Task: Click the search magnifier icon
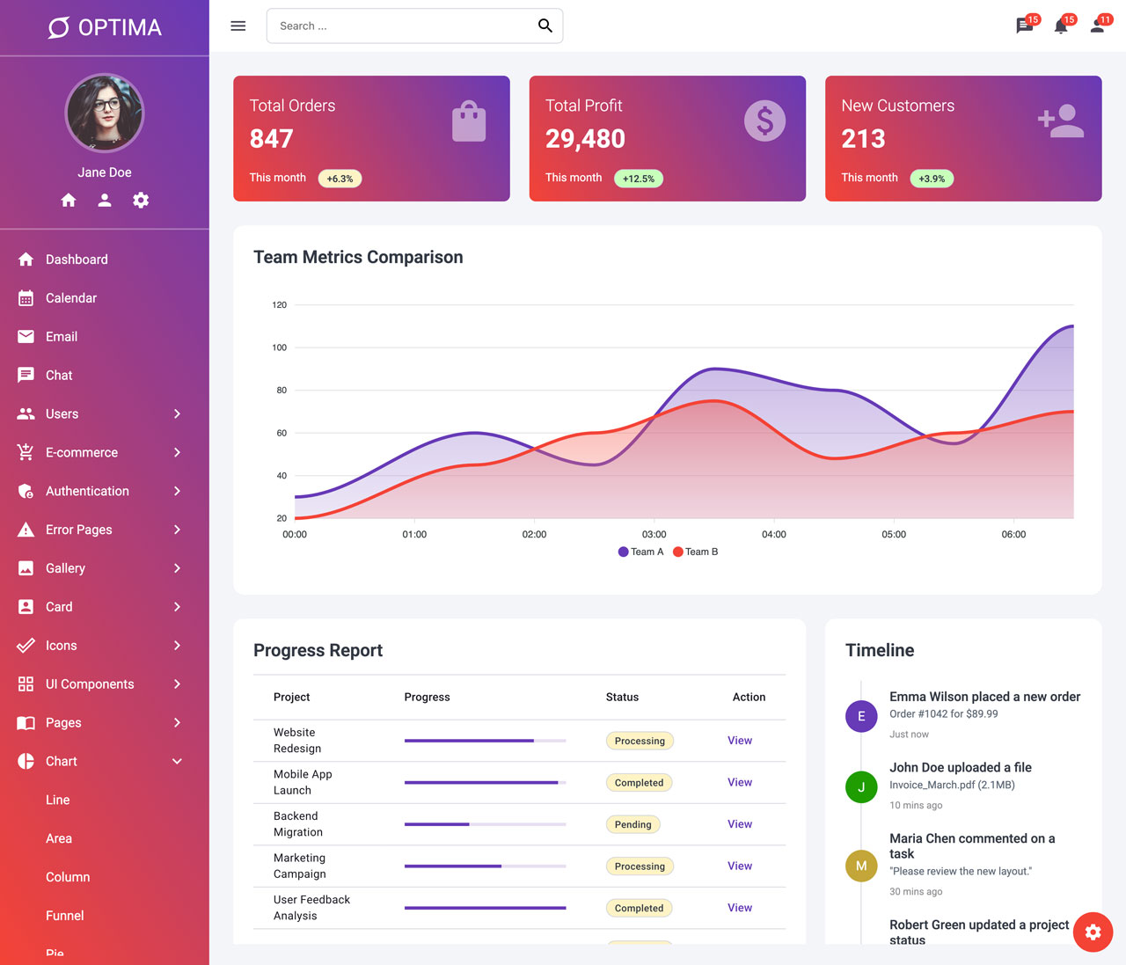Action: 545,26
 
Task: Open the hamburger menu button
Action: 238,26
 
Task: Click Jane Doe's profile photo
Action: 104,113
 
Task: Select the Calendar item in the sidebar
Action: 71,298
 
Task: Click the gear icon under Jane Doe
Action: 141,200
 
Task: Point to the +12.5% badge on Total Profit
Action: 639,179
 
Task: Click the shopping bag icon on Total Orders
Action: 469,121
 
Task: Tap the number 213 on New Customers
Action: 863,138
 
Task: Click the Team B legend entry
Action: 695,552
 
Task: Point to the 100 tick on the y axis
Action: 280,347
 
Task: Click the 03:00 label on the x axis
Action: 654,535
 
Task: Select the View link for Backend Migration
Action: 739,824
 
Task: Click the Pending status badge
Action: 632,824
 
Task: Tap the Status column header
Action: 622,697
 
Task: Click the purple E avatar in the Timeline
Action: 860,716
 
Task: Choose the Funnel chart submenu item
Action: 65,916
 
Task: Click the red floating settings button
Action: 1093,932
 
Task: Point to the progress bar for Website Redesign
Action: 485,741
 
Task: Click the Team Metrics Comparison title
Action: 358,257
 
